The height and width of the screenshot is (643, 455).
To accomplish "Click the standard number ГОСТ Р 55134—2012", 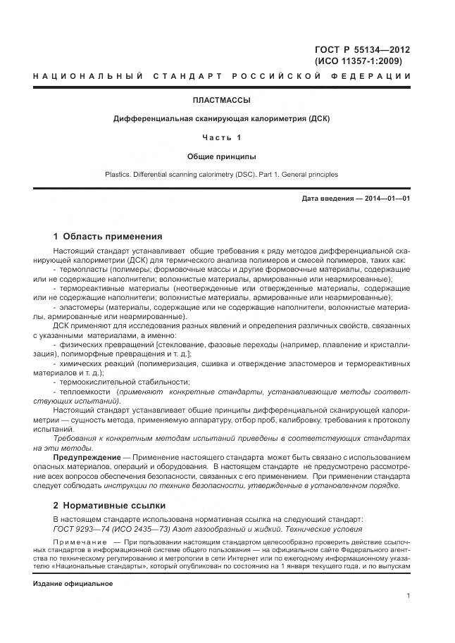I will (362, 50).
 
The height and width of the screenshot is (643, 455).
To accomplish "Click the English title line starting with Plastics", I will (221, 173).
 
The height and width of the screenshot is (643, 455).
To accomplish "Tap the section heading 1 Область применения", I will (108, 236).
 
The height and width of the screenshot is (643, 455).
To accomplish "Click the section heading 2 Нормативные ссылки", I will (109, 505).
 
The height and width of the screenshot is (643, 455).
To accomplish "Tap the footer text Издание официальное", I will (73, 584).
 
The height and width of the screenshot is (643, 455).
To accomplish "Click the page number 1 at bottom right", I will (409, 597).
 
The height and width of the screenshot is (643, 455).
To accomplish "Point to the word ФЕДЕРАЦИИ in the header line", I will (381, 76).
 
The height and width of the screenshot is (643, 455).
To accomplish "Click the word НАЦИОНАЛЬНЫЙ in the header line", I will (78, 76).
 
